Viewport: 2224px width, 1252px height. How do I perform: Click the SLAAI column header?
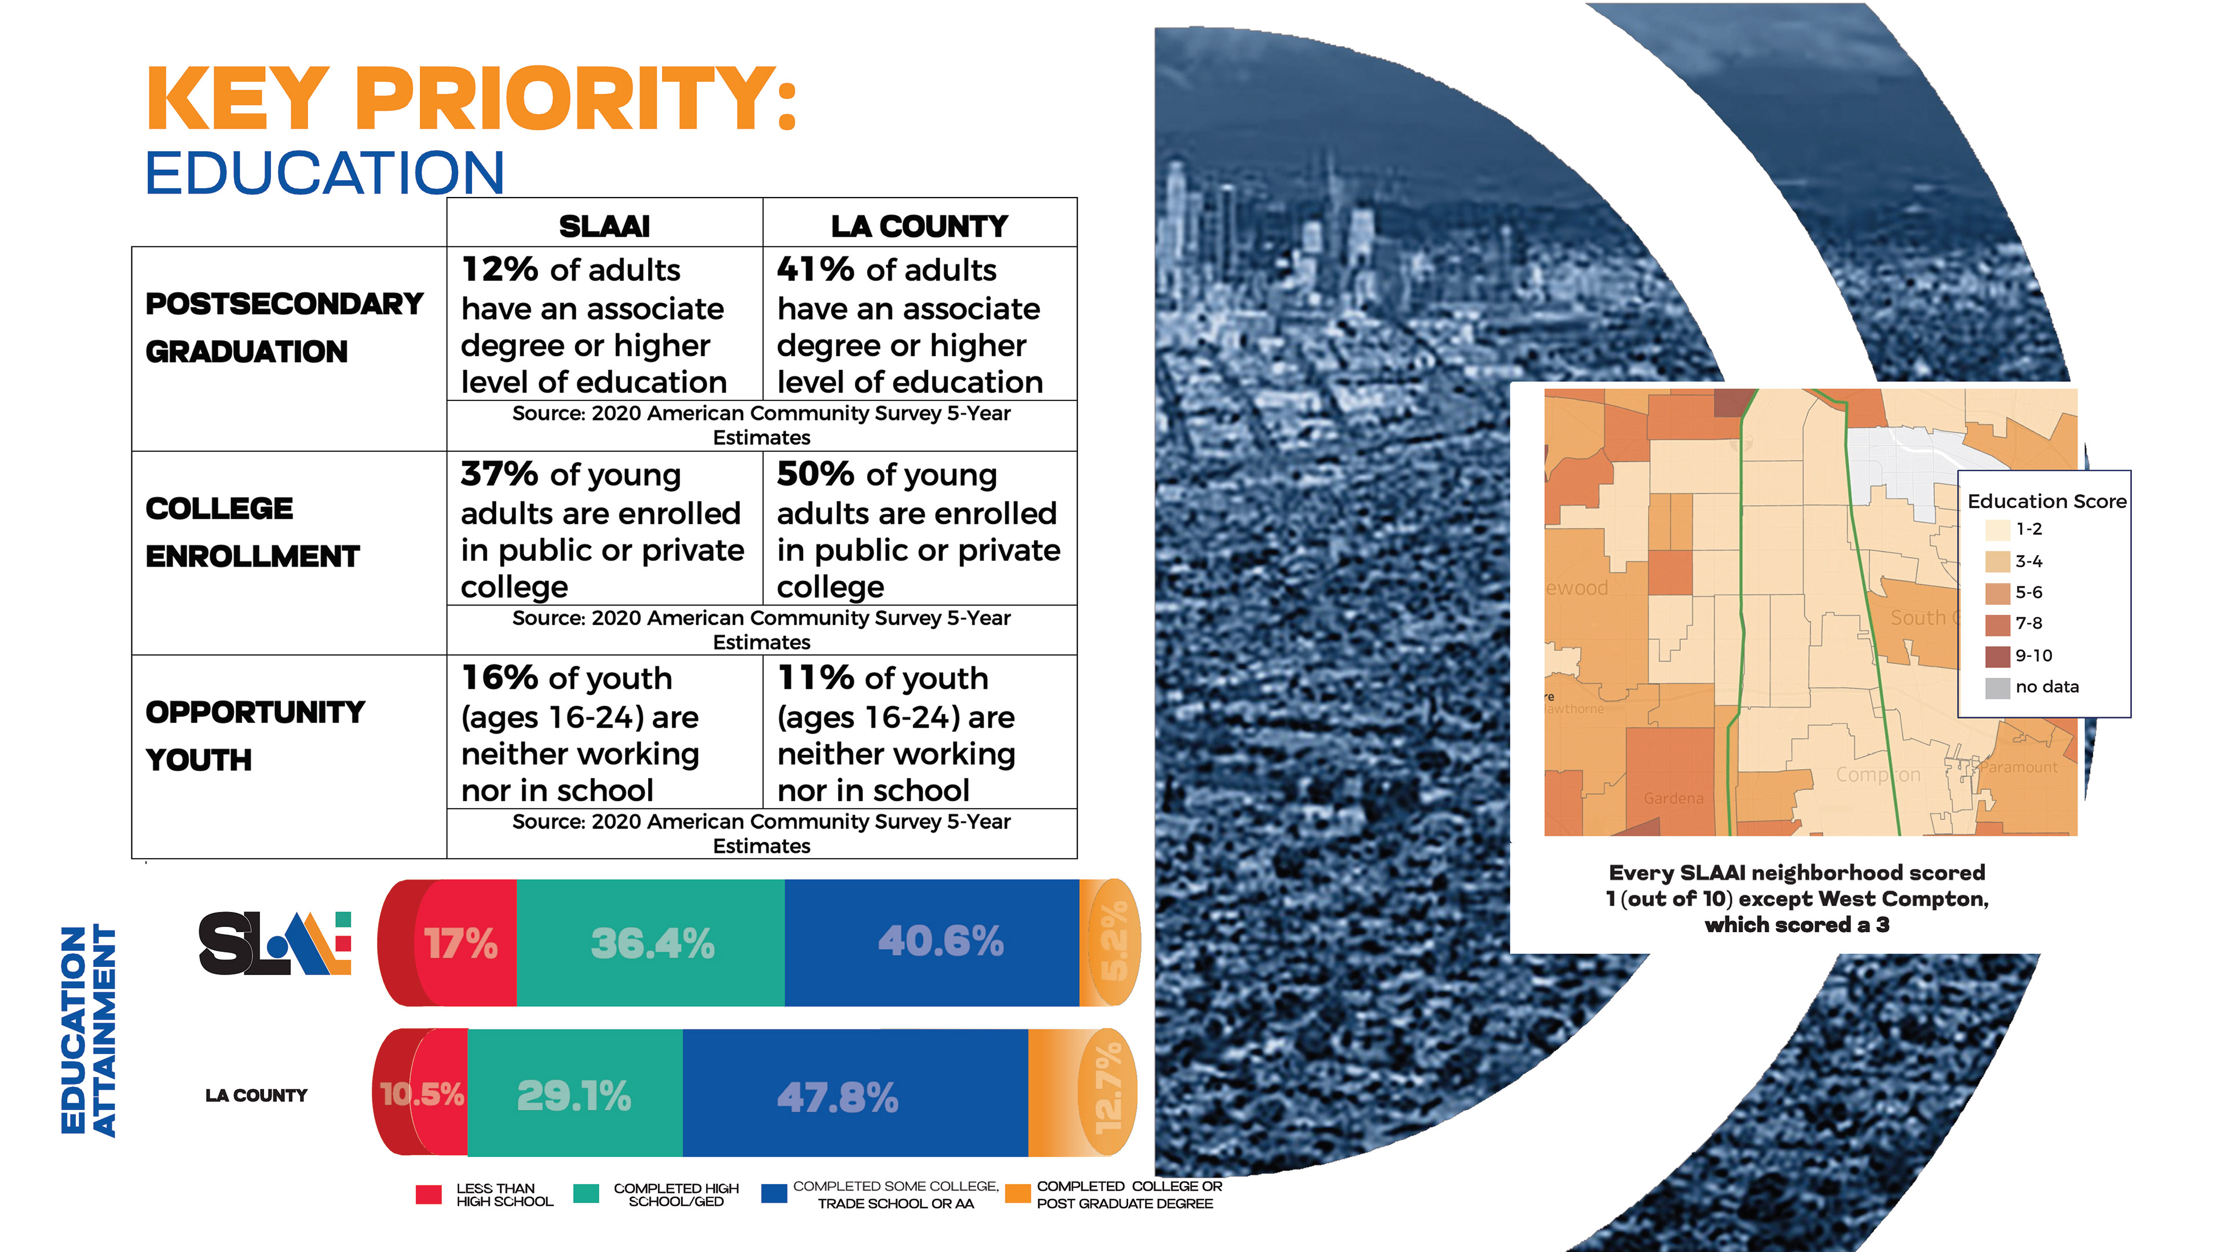604,226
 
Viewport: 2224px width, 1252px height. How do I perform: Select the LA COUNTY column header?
920,226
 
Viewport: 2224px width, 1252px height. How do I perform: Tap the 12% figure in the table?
500,269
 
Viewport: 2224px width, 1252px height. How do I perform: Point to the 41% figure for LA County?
815,269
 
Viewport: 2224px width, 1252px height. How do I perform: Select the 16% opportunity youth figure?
500,678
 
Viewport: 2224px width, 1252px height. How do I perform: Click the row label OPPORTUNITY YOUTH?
255,736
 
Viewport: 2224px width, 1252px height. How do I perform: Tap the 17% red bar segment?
462,943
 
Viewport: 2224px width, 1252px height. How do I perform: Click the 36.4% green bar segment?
652,943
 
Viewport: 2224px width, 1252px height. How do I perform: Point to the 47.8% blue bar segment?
837,1097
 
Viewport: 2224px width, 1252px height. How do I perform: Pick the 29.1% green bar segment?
574,1097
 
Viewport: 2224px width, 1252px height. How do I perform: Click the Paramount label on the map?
2018,766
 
